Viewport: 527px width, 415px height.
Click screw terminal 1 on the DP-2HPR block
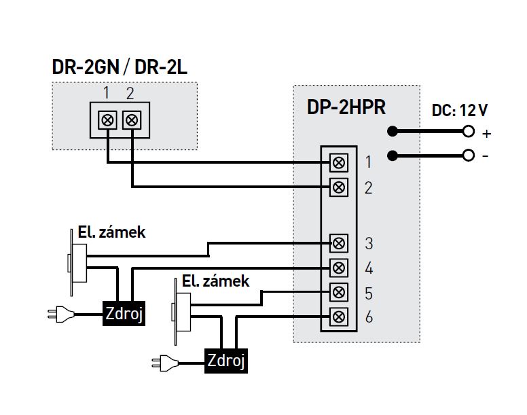click(x=338, y=162)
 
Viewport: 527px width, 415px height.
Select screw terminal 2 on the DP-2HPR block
click(x=338, y=186)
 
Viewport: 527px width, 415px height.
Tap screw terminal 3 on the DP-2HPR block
click(x=338, y=242)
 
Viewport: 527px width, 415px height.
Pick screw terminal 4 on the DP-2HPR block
click(x=338, y=267)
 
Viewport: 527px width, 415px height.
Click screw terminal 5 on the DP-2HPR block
click(x=338, y=292)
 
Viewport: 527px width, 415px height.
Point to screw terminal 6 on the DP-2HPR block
click(x=338, y=317)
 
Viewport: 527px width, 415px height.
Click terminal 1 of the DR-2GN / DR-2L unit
click(x=107, y=120)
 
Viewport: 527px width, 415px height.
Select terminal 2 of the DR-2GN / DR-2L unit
click(x=132, y=120)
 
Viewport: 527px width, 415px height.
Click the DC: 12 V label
click(x=460, y=109)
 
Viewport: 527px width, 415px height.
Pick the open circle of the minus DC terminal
click(x=467, y=156)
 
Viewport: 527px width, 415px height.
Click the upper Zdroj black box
click(x=124, y=313)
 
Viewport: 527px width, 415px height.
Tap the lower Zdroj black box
click(x=227, y=359)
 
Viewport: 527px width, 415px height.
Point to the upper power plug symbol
click(x=56, y=314)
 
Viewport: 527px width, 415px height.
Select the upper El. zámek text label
click(x=107, y=232)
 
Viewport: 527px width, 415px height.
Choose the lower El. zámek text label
click(x=215, y=281)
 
